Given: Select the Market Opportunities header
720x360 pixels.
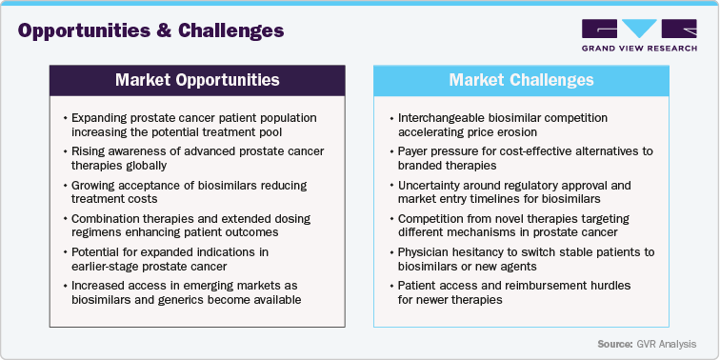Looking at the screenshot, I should pyautogui.click(x=197, y=79).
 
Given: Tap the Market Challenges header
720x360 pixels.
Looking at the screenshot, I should pyautogui.click(x=521, y=79).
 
